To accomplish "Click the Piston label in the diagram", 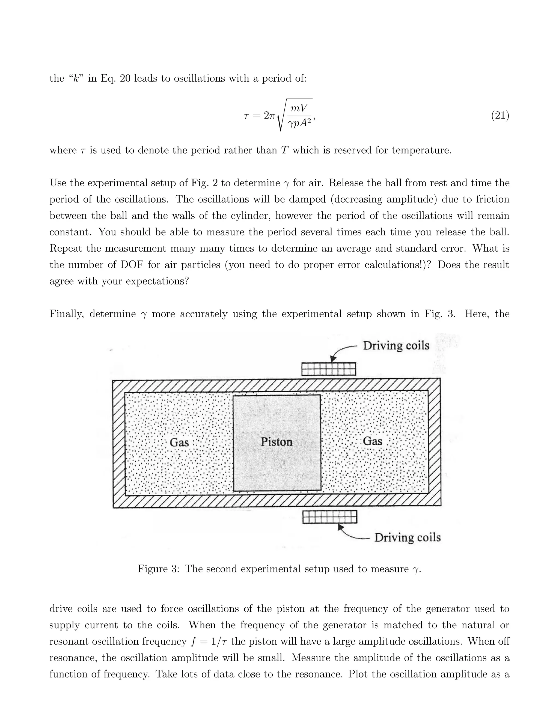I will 276,442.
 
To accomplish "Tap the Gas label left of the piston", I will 179,442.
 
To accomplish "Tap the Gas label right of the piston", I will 373,441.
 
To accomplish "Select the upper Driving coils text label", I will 396,346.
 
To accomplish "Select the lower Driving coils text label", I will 407,537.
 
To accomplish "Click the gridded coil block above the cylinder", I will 329,369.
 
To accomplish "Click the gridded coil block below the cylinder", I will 330,517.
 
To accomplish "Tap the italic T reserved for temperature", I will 284,150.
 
